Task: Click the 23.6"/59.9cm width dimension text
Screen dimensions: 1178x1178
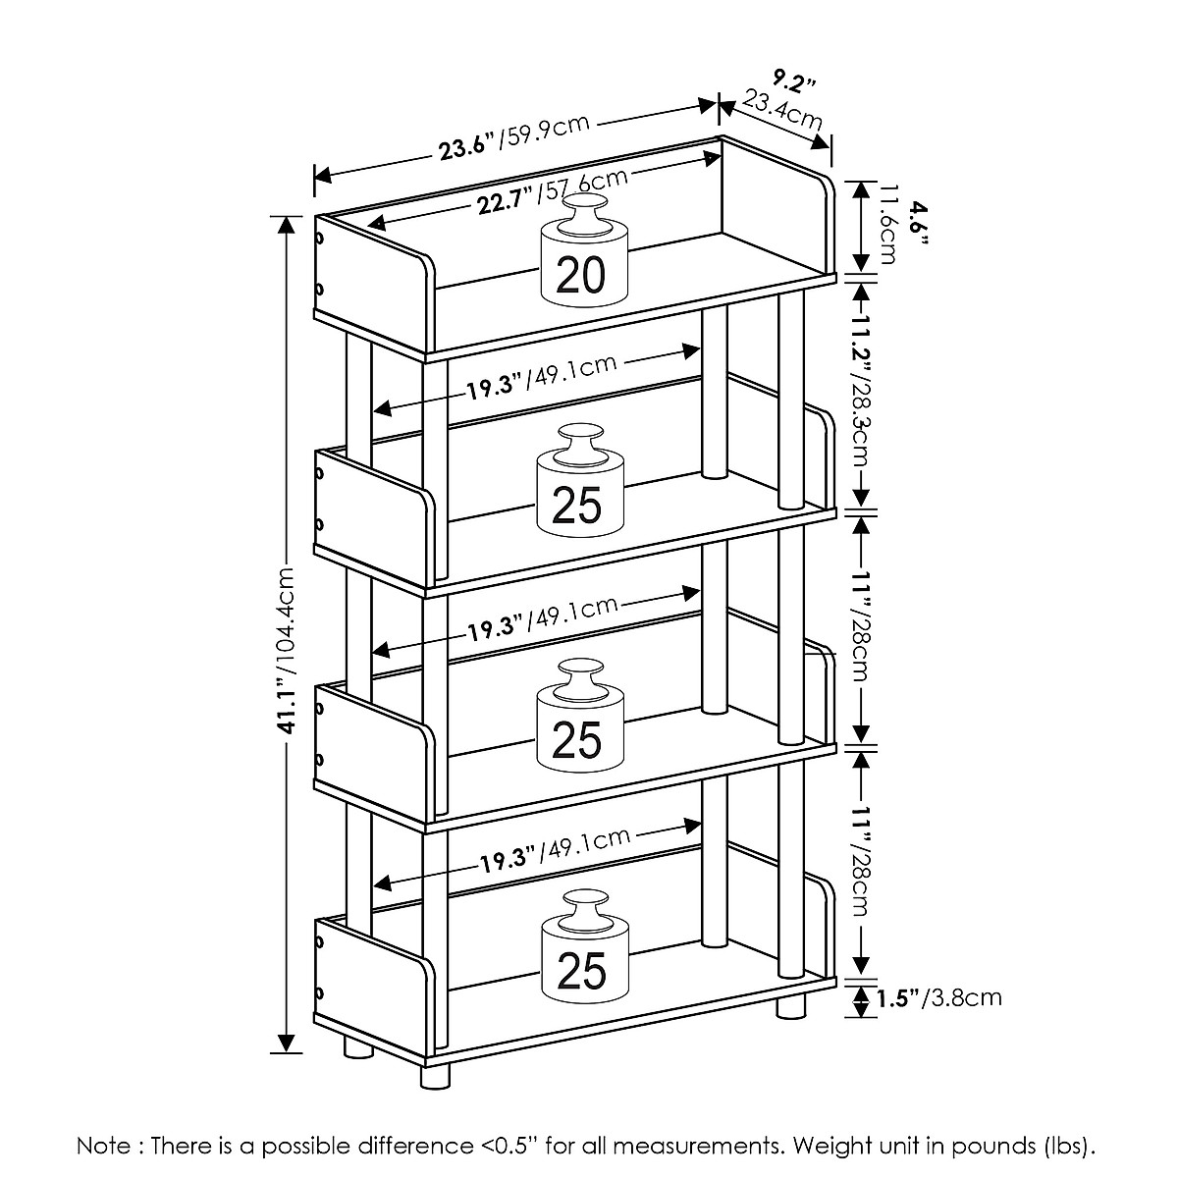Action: (x=513, y=135)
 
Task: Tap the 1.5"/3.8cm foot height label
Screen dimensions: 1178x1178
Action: (x=938, y=998)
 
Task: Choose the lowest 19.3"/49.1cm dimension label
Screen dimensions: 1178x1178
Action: (x=555, y=850)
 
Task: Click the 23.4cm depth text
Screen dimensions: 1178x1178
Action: (x=782, y=110)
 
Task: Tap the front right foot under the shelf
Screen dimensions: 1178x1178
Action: (x=791, y=1007)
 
